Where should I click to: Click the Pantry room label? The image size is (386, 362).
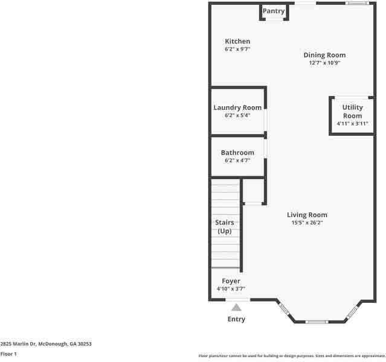[274, 11]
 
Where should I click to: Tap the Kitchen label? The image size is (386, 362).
[237, 42]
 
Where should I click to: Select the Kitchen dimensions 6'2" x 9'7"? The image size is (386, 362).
[237, 49]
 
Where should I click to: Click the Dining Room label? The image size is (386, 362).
[324, 55]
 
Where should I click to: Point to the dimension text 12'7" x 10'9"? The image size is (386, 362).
[324, 63]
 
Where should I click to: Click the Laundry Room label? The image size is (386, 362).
[237, 107]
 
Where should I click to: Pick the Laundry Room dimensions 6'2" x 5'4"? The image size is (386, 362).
[237, 115]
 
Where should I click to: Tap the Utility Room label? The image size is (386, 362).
[352, 112]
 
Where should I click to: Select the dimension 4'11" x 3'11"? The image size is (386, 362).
[352, 124]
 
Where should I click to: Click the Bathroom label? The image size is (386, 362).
[237, 153]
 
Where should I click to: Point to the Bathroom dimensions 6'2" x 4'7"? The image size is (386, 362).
[237, 160]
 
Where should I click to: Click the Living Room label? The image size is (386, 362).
[307, 215]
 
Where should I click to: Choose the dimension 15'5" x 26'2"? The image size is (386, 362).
[307, 223]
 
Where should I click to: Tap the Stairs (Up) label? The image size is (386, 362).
[225, 227]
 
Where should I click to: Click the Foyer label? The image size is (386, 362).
[231, 281]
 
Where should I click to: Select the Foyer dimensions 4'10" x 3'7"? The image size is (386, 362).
[231, 289]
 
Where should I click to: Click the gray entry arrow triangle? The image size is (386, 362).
[236, 307]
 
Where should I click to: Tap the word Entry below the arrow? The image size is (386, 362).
[236, 319]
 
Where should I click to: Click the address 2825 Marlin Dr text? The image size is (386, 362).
[46, 343]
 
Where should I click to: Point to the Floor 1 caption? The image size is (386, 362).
[8, 354]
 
